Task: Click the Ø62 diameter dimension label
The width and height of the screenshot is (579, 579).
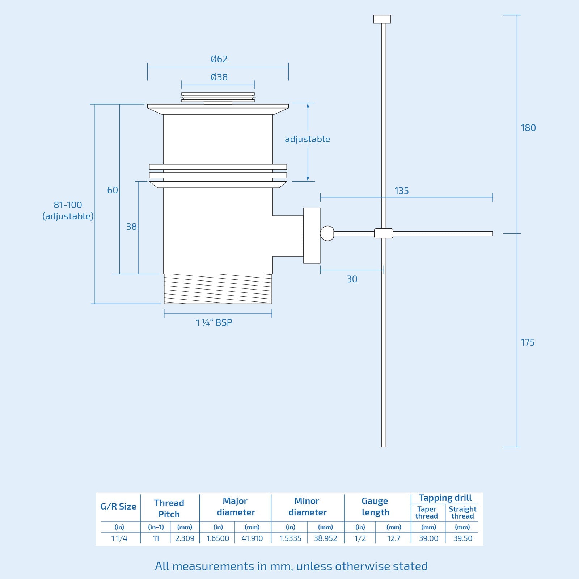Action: click(219, 59)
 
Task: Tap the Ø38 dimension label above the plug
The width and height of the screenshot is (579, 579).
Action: click(219, 77)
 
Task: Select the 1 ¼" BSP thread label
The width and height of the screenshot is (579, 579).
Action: click(214, 322)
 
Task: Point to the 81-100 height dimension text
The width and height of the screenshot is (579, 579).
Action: click(68, 205)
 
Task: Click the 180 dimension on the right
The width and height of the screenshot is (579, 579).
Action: click(528, 128)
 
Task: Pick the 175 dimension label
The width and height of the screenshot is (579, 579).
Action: click(527, 342)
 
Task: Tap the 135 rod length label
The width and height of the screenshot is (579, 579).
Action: click(401, 191)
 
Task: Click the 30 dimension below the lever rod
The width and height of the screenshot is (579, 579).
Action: click(352, 279)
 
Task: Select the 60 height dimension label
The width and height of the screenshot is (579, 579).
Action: click(113, 190)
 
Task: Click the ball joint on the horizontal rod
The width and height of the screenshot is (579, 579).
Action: click(327, 233)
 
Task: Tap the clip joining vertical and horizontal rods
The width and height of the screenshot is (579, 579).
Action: click(384, 233)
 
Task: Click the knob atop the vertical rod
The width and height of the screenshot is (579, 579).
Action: click(382, 19)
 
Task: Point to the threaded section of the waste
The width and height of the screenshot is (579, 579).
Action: click(218, 289)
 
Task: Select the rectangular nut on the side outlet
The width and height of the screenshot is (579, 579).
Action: click(312, 236)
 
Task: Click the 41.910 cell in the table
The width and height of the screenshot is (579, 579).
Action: click(252, 538)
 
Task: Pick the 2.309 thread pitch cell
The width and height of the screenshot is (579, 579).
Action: click(185, 538)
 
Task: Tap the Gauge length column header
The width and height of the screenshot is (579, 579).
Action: click(375, 507)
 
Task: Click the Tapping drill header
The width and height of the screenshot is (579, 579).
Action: click(445, 498)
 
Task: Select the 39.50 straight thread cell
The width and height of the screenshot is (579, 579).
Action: click(462, 538)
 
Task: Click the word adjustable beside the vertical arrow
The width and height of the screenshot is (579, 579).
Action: click(307, 139)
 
